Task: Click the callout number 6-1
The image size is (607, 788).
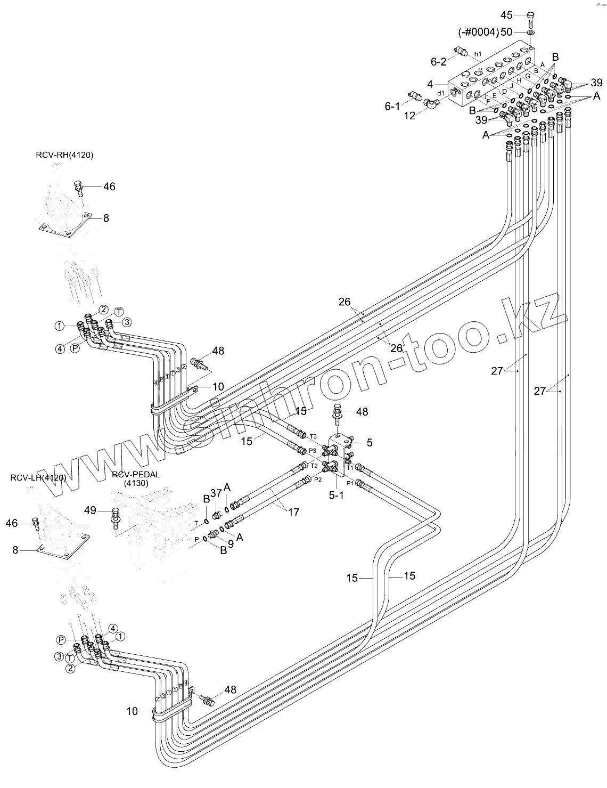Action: (392, 107)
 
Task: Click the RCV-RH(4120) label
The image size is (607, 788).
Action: (65, 155)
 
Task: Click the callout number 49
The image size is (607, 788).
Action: (91, 510)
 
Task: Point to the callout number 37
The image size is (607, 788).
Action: (215, 493)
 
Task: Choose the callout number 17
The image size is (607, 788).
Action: (293, 512)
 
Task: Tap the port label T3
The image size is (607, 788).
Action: (313, 436)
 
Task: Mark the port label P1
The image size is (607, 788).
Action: (350, 483)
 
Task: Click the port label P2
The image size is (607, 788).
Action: (317, 480)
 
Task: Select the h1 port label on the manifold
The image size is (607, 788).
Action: (478, 54)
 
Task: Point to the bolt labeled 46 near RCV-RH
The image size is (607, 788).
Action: (79, 186)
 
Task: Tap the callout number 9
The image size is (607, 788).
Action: (231, 544)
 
